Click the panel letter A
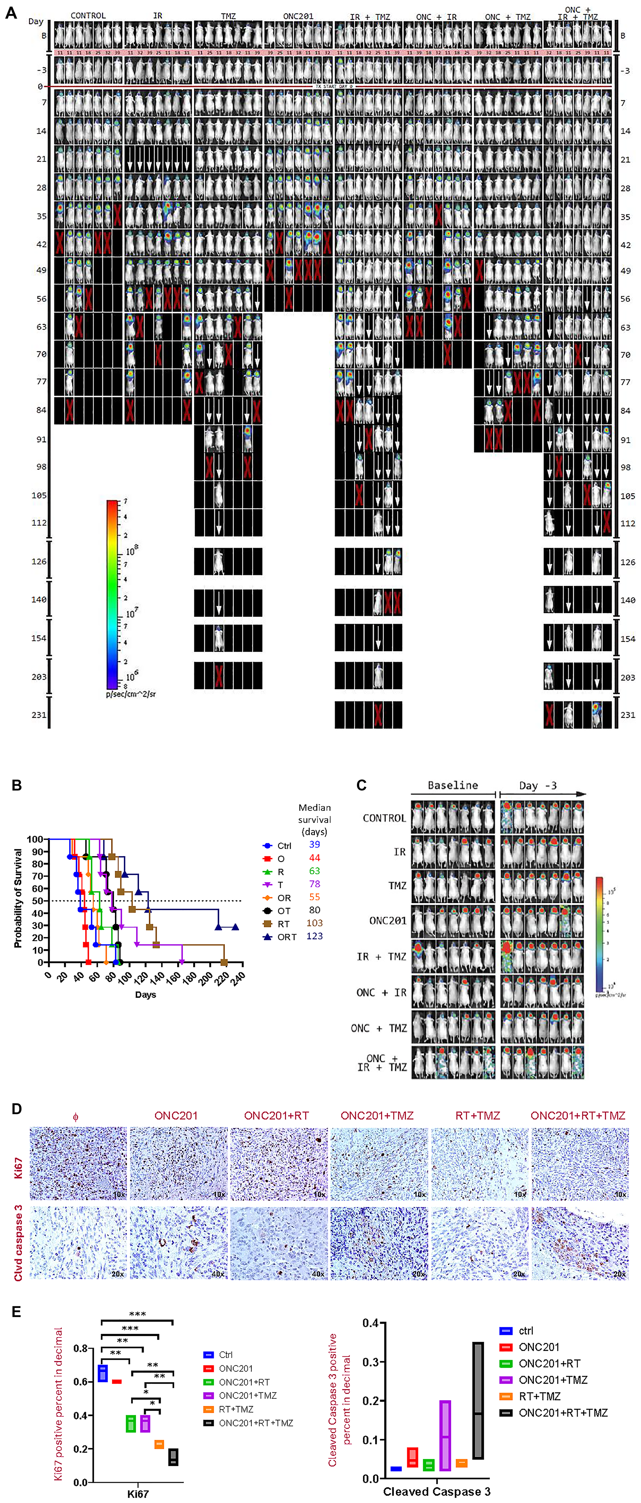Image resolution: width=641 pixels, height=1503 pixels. click(10, 12)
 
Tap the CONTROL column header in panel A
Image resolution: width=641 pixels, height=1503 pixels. click(88, 15)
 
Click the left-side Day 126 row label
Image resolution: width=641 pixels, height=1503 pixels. click(38, 561)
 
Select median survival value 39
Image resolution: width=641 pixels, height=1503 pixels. click(314, 844)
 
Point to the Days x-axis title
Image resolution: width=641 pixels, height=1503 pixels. click(145, 994)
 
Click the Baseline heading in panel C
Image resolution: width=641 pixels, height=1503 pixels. click(453, 785)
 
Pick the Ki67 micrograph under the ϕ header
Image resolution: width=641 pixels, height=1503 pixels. click(78, 1163)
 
